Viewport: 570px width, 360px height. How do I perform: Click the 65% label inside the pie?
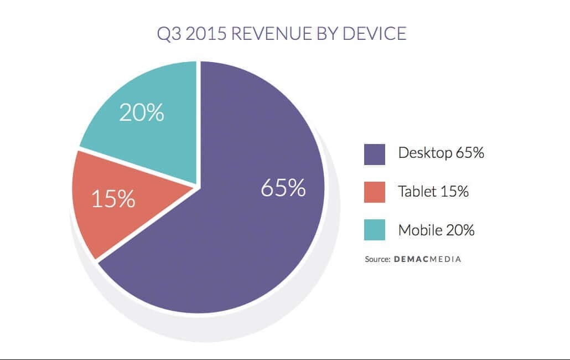(283, 188)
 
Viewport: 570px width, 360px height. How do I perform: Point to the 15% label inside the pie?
(113, 199)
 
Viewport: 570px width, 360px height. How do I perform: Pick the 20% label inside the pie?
(142, 112)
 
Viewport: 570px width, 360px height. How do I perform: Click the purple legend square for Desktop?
(375, 155)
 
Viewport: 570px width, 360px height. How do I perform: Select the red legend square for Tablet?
(375, 192)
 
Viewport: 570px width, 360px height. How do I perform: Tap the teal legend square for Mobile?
(375, 230)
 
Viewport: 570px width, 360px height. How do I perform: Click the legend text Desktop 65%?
(441, 153)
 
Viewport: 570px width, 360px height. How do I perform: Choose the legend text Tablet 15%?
(433, 192)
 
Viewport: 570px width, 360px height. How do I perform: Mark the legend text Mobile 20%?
(436, 230)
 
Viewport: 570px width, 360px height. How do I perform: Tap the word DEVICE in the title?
(375, 33)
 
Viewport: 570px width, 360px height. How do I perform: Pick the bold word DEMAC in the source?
(412, 259)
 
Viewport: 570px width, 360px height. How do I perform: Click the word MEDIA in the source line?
(445, 259)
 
